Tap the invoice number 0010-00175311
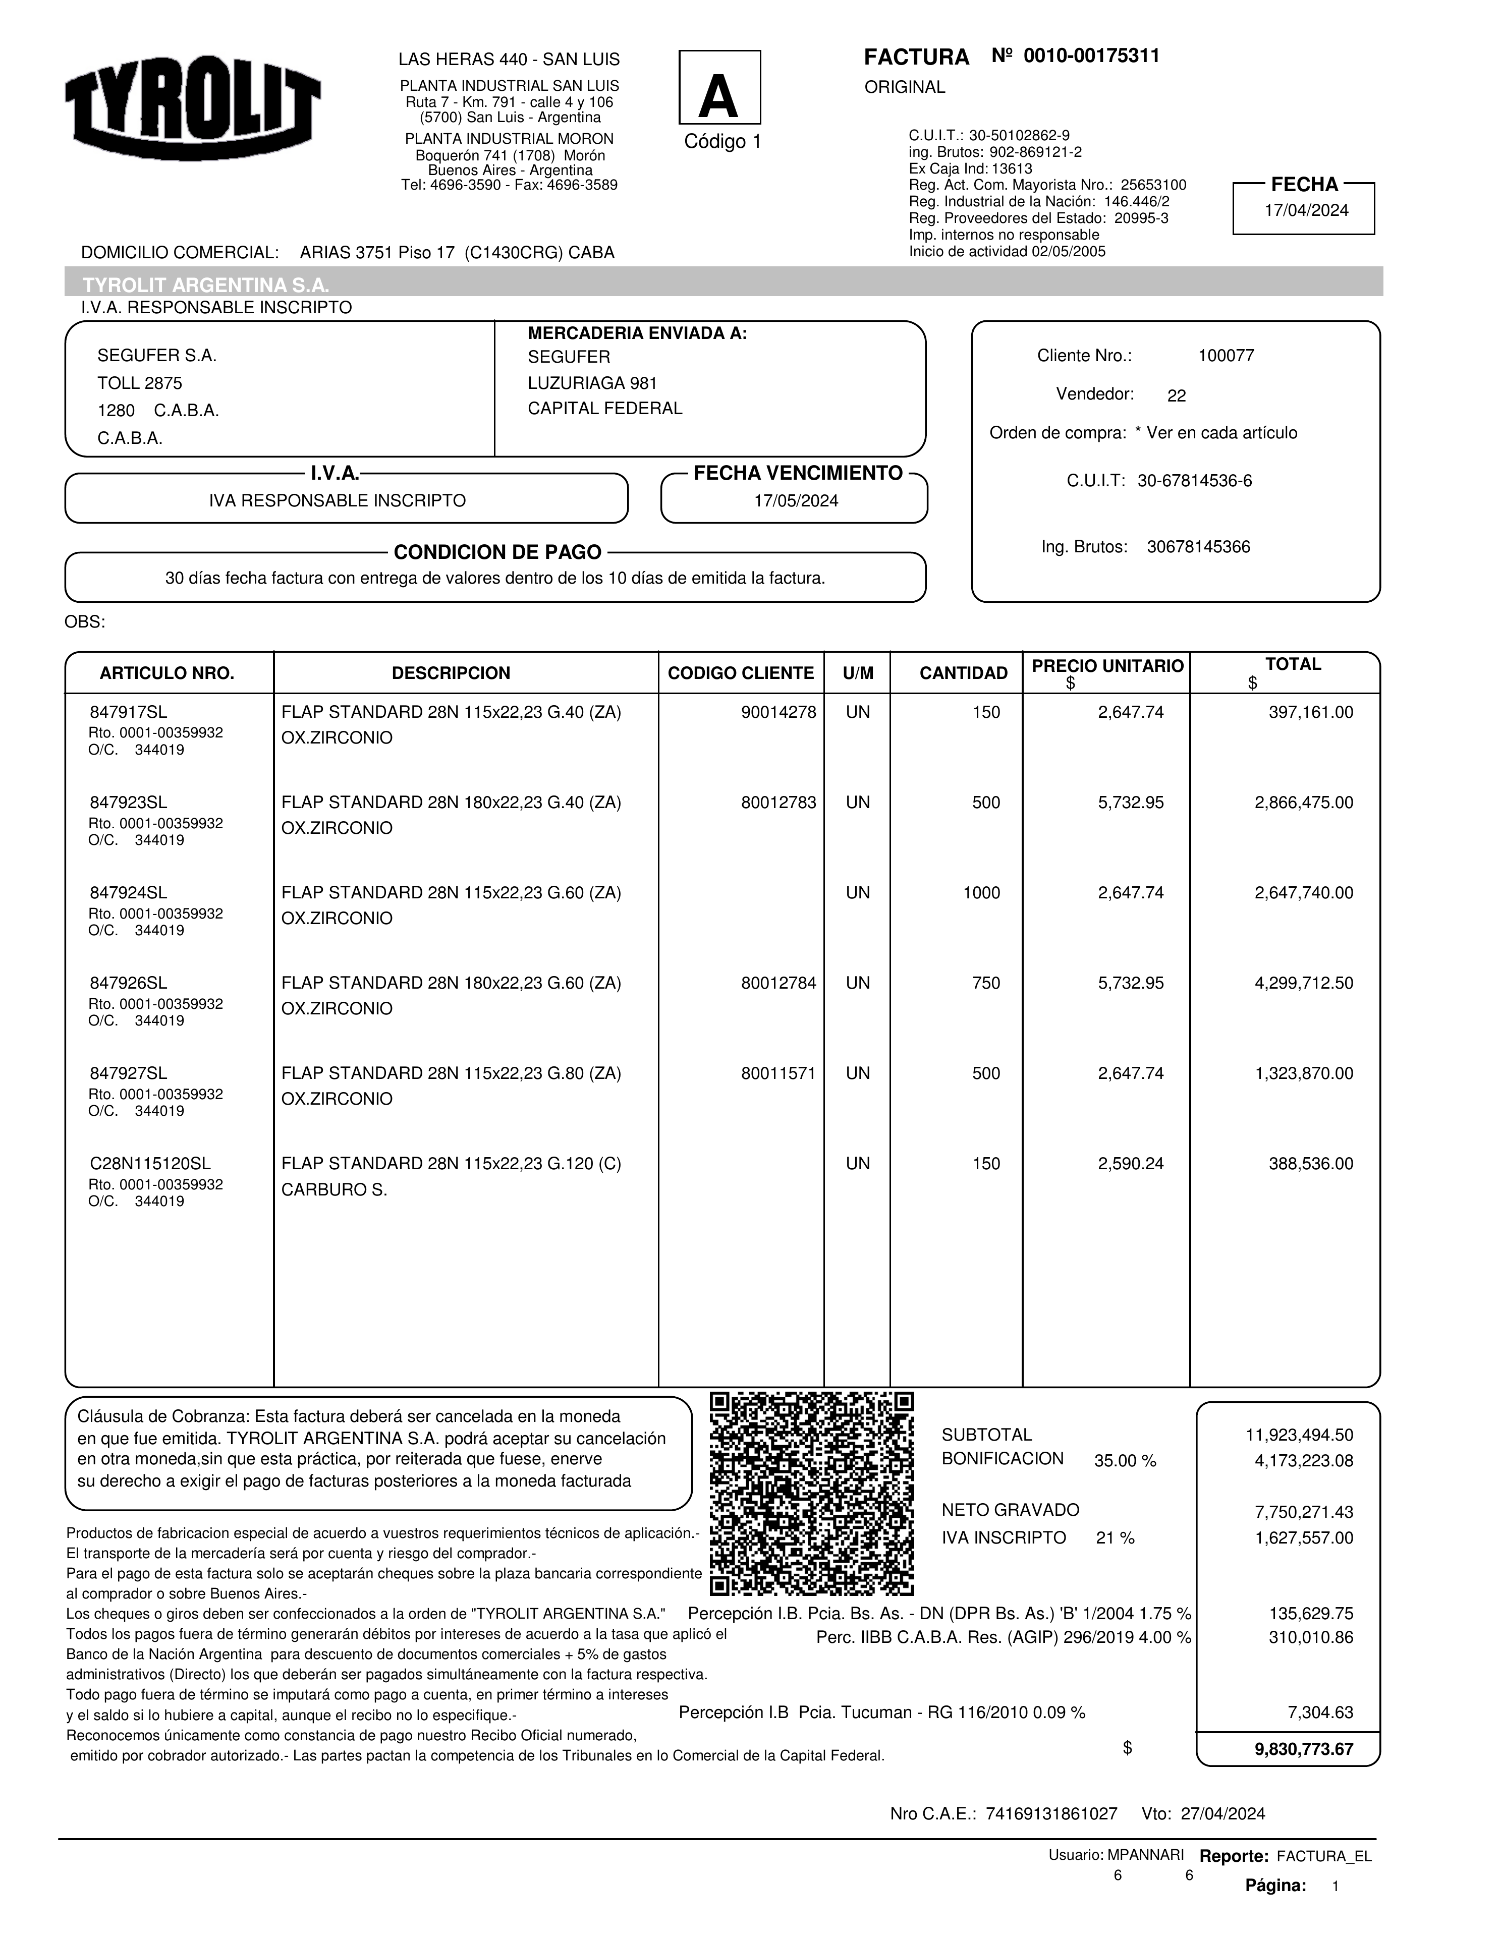pos(1091,56)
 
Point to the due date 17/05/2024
pos(796,500)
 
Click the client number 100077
pos(1226,356)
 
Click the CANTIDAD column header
pos(963,673)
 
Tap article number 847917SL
pos(128,712)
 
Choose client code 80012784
pos(778,984)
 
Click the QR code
pos(812,1494)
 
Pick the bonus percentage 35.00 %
pos(1125,1461)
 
